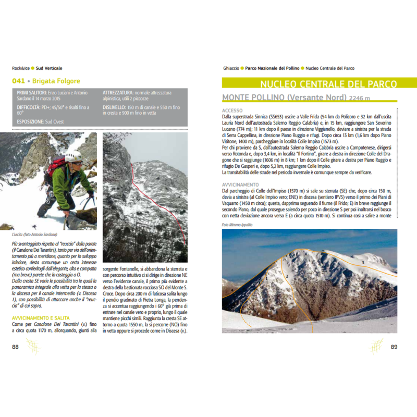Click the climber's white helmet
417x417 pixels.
click(73, 156)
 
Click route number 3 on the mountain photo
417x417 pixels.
click(363, 263)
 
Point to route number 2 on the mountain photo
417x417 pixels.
click(287, 276)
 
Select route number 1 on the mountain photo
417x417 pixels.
click(266, 278)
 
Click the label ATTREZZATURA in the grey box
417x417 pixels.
click(117, 92)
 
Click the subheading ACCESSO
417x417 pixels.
click(232, 111)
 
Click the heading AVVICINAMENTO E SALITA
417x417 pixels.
click(41, 317)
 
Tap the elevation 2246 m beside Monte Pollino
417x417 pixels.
click(360, 98)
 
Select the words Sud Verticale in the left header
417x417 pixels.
click(49, 68)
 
